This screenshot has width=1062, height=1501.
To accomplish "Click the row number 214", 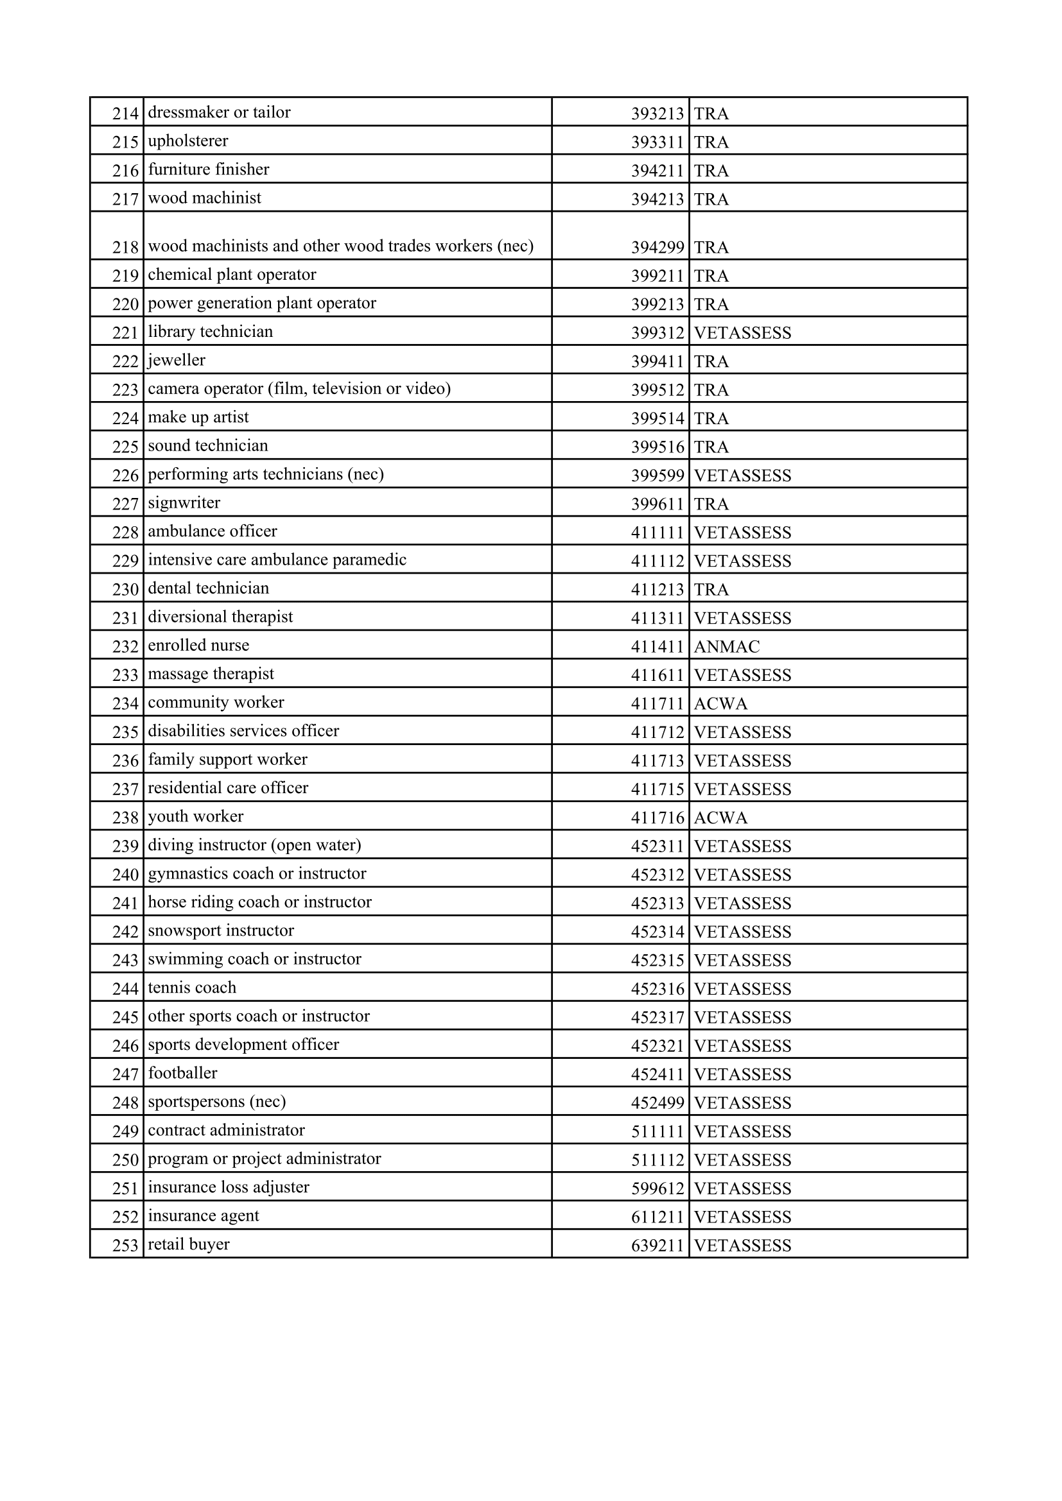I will [126, 114].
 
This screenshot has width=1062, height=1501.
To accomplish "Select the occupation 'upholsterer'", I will [187, 141].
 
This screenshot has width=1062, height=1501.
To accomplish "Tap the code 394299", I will [657, 247].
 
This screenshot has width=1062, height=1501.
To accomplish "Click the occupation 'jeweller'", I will [177, 360].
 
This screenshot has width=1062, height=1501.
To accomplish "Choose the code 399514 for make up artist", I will [657, 418].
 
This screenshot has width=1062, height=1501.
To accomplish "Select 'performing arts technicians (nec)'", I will [266, 474].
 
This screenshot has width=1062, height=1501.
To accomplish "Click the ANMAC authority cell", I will [727, 647].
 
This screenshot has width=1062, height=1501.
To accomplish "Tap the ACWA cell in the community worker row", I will [720, 703].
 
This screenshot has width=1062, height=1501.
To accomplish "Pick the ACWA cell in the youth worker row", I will [720, 818].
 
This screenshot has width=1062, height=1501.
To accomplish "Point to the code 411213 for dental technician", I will [657, 590].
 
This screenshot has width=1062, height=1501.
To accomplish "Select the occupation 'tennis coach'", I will [191, 988].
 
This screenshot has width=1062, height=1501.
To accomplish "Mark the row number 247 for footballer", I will [126, 1074].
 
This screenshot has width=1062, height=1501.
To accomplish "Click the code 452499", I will [657, 1103].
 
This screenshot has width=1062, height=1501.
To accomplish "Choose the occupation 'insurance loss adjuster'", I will [228, 1187].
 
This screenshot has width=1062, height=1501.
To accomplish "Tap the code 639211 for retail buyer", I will [657, 1246].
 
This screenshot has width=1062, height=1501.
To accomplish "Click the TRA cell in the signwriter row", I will [711, 504].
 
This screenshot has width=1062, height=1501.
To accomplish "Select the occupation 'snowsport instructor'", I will [220, 931].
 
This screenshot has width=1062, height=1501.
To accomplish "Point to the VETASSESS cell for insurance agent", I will [742, 1217].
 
